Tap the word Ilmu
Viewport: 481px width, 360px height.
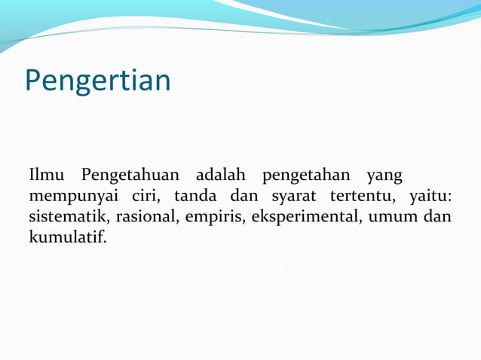[47, 176]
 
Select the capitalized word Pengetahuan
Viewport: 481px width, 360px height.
[130, 176]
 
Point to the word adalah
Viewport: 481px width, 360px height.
[220, 176]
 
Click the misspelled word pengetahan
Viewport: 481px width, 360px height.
[305, 177]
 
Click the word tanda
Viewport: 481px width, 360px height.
[195, 197]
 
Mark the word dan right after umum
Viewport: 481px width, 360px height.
[438, 218]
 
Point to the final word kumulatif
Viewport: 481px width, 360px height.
[68, 239]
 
